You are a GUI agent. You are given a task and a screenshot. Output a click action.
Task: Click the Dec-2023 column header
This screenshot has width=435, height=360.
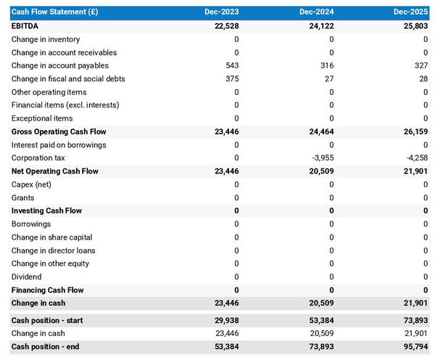(x=221, y=12)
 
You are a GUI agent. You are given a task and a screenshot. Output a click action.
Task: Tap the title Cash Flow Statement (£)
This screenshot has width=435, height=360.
(x=55, y=12)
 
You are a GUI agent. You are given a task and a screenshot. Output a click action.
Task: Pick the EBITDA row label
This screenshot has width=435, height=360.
(x=26, y=26)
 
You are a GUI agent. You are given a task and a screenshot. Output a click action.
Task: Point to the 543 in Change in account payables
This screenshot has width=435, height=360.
(x=232, y=66)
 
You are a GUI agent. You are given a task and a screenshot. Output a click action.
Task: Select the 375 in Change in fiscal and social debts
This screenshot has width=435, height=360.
(x=232, y=79)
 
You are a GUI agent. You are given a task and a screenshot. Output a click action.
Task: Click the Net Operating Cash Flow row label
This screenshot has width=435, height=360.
(x=54, y=171)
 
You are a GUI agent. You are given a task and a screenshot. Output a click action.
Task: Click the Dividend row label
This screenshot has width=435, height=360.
(x=27, y=277)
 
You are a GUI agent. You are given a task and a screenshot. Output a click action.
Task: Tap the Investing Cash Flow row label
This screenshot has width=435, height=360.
(x=46, y=210)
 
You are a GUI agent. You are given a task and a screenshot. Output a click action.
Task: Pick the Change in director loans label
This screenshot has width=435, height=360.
(x=52, y=250)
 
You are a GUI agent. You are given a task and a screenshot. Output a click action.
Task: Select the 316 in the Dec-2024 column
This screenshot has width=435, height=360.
(x=327, y=66)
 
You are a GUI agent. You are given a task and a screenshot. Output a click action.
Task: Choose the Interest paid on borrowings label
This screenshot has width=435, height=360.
(x=59, y=145)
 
